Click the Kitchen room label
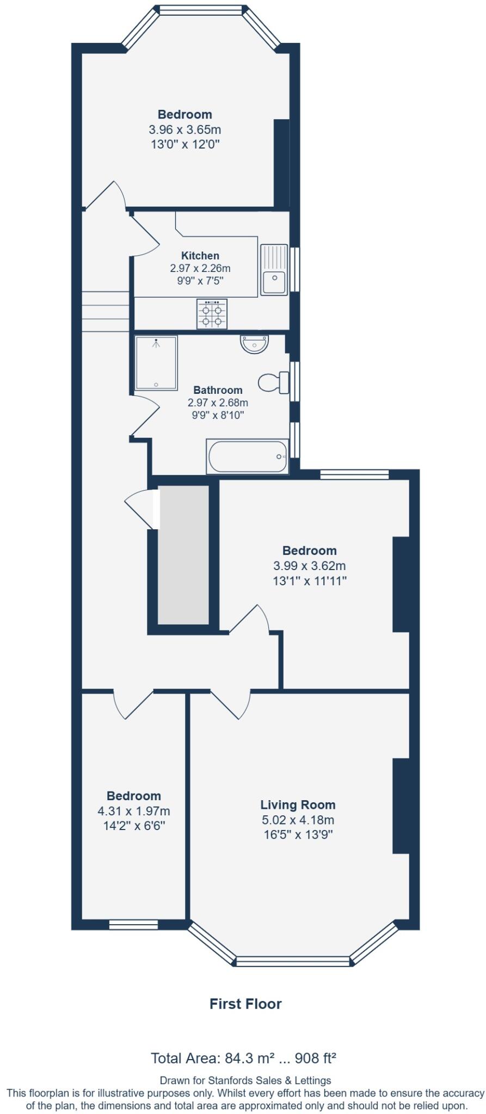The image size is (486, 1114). click(200, 256)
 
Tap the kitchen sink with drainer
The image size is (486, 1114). click(274, 270)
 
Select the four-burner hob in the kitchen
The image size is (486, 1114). click(212, 314)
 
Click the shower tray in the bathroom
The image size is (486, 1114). click(156, 363)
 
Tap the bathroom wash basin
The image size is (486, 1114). click(255, 344)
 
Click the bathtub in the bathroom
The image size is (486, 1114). click(248, 456)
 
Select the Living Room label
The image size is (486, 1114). click(297, 805)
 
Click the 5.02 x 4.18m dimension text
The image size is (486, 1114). click(297, 820)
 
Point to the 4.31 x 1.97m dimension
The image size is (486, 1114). click(133, 811)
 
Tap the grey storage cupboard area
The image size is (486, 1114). click(183, 555)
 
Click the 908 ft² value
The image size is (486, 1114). click(315, 1059)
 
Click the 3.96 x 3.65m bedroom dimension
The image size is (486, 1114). click(184, 130)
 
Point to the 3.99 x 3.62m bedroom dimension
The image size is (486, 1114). click(309, 566)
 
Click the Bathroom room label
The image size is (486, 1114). click(218, 390)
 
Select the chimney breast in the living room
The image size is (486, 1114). click(401, 806)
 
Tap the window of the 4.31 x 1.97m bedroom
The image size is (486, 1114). click(133, 924)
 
